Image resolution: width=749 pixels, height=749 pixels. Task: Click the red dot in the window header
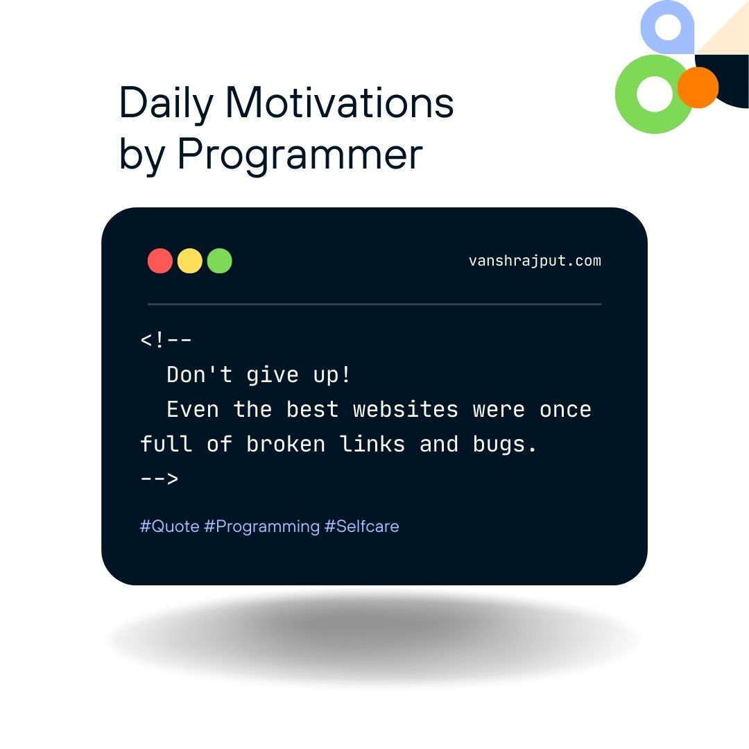pos(160,261)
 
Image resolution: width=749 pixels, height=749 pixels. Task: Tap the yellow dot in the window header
pos(189,261)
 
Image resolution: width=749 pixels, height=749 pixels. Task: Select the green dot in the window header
pos(220,261)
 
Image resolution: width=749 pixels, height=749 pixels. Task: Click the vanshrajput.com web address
pos(535,261)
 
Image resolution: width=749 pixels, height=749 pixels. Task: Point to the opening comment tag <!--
pos(166,340)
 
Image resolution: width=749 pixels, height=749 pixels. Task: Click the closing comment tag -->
pos(160,478)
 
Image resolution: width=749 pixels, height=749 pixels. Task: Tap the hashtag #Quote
pos(170,526)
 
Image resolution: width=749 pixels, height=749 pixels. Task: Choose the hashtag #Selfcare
pos(361,526)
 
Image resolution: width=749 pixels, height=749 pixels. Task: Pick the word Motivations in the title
pos(340,102)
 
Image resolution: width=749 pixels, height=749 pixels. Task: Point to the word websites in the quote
pos(406,409)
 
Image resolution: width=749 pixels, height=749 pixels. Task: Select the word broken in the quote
pos(286,444)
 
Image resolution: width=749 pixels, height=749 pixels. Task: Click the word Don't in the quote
pos(199,374)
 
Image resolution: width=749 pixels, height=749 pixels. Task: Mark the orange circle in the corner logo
pos(698,87)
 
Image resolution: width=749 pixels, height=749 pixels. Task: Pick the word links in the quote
pos(372,444)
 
